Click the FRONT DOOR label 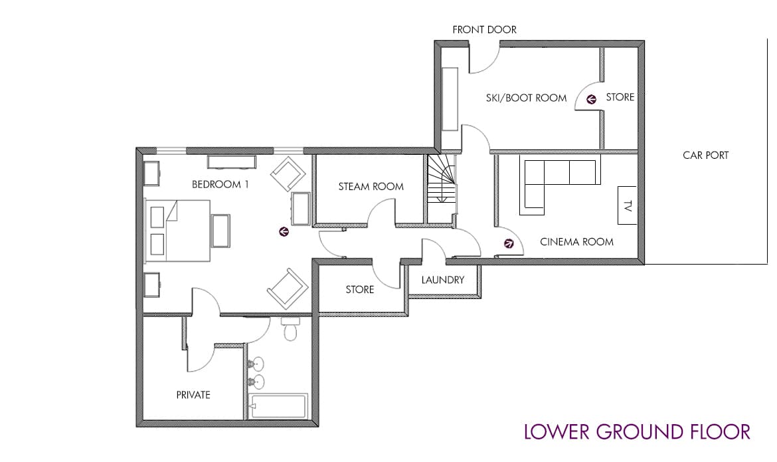click(484, 29)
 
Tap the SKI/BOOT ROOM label click(526, 98)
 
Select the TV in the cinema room click(627, 205)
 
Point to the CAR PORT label click(705, 155)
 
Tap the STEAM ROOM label click(371, 186)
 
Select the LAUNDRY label click(442, 280)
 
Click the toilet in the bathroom click(290, 329)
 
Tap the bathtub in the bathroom click(278, 405)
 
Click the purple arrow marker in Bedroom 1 click(284, 231)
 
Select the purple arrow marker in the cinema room click(509, 243)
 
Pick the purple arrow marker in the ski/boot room click(590, 99)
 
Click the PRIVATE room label click(193, 395)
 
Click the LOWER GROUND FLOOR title click(637, 431)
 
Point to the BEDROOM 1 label click(220, 184)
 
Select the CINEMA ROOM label click(576, 241)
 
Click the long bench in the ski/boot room click(450, 98)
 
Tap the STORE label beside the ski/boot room click(620, 97)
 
